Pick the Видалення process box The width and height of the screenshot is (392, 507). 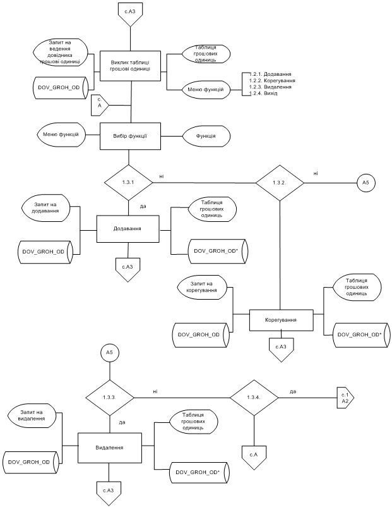pos(109,447)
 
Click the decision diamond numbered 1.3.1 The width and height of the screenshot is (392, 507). pos(128,183)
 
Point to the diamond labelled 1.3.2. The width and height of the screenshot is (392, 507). pos(280,183)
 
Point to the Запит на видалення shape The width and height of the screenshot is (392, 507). pos(32,415)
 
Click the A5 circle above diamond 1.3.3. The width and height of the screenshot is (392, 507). pos(109,352)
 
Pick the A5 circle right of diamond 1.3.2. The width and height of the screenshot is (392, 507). pos(366,183)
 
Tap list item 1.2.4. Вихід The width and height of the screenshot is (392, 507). pos(268,94)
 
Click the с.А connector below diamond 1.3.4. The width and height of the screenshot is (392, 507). pos(252,453)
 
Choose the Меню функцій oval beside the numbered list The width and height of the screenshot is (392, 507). pos(205,90)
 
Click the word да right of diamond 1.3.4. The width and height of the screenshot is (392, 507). pos(293,391)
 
